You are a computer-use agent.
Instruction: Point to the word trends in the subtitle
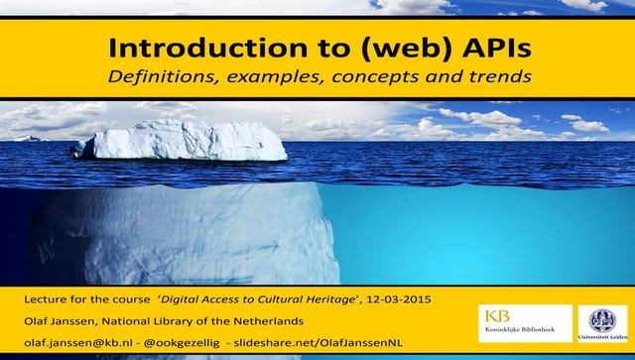pos(492,75)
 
